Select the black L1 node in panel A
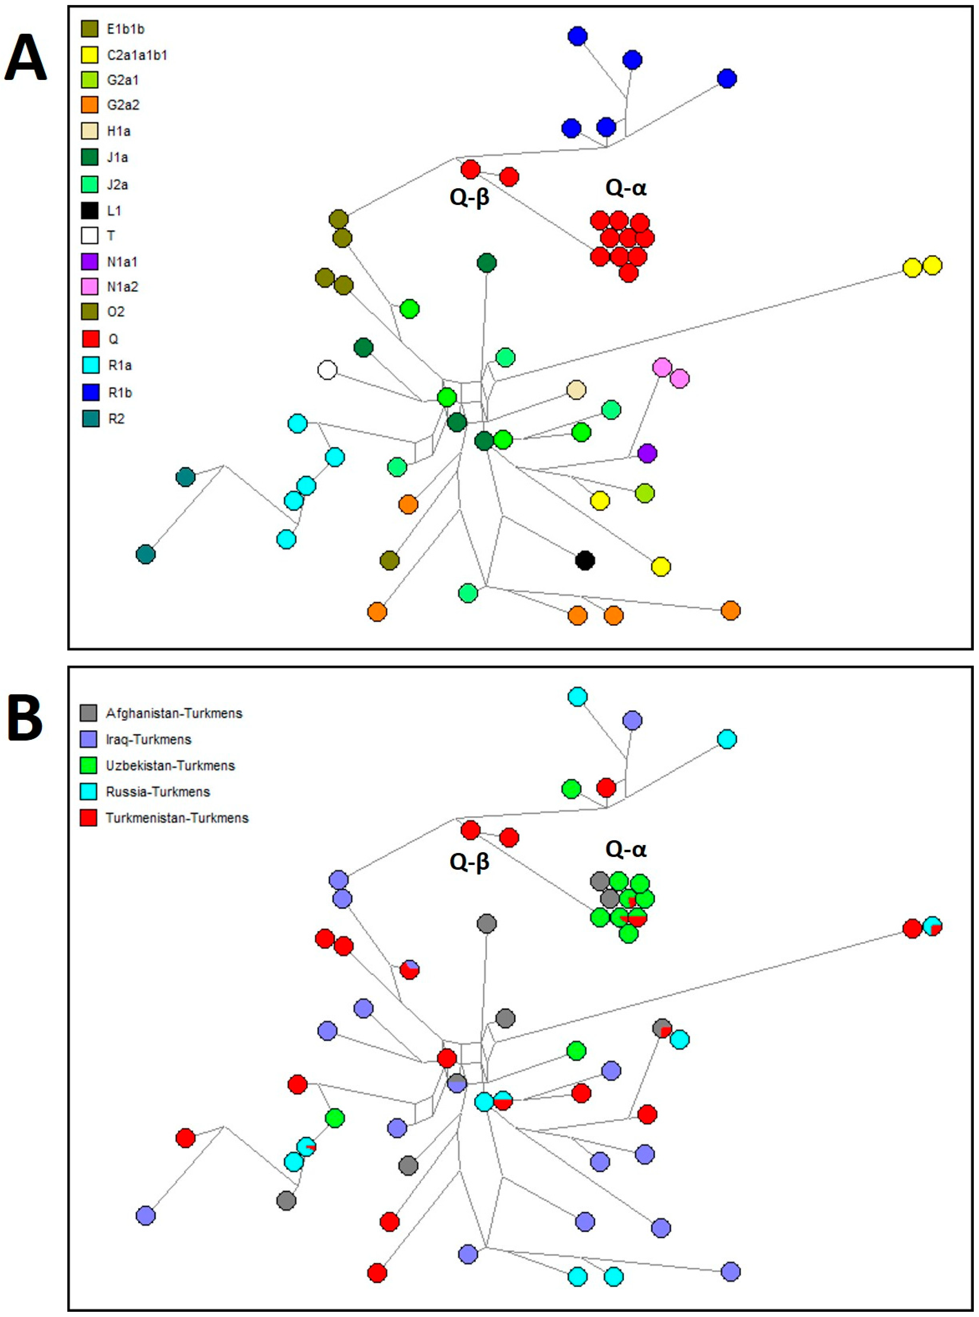pos(585,560)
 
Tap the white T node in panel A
pos(327,371)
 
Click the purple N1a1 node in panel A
pos(647,454)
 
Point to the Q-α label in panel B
pos(626,849)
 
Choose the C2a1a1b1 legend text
pos(137,55)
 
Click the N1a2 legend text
pos(122,287)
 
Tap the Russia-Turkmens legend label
pos(158,792)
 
